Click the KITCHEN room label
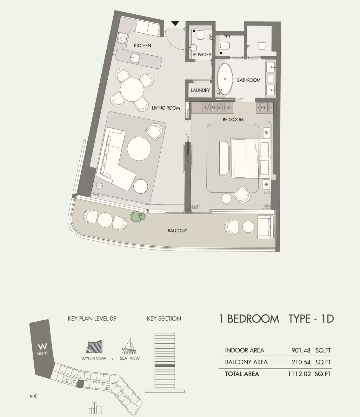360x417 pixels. (142, 46)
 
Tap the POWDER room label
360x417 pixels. (202, 55)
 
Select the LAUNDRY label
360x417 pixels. (200, 90)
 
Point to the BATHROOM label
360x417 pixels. (249, 80)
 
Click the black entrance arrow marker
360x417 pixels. (175, 23)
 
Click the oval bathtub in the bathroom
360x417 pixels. (225, 79)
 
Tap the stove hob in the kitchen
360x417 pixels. (122, 38)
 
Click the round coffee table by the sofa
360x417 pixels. (139, 148)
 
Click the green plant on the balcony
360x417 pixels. (137, 217)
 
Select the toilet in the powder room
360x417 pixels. (200, 35)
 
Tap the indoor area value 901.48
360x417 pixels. (301, 350)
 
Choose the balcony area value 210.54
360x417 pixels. (301, 362)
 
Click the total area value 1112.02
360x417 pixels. (299, 374)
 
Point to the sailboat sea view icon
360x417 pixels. (129, 346)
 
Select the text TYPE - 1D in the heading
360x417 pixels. (311, 318)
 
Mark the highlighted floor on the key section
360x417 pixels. (164, 366)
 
